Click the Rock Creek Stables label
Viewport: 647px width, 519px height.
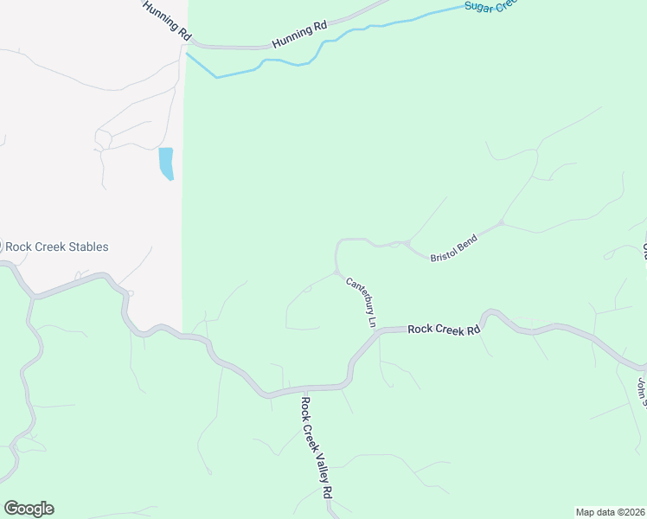point(57,247)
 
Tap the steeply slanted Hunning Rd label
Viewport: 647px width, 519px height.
point(166,20)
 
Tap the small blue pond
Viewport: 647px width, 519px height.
point(166,163)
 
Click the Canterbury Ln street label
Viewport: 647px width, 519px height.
point(362,302)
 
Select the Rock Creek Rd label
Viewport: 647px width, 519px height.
point(443,329)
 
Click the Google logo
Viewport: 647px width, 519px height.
point(29,509)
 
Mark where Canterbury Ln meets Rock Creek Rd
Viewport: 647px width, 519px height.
point(378,330)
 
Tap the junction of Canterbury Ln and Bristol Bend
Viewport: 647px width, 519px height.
point(337,272)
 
